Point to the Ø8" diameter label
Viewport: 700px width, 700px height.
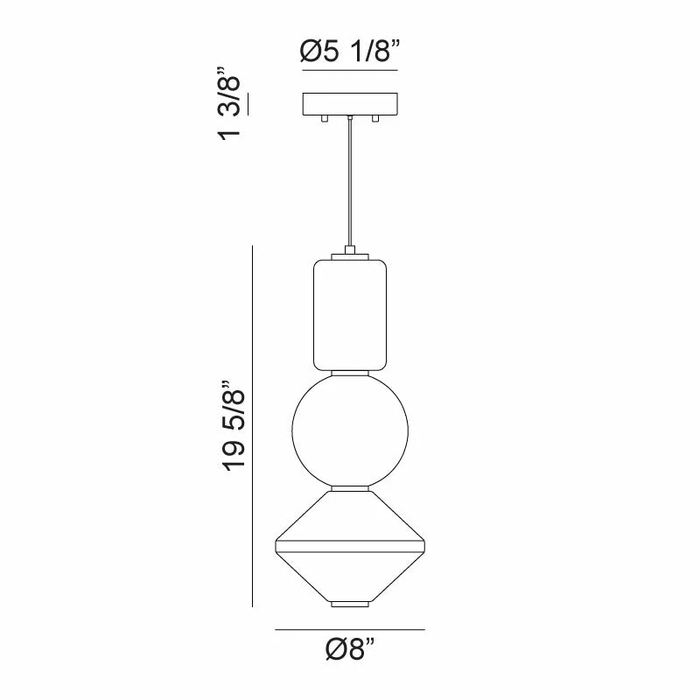coord(349,650)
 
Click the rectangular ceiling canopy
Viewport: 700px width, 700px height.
coord(349,103)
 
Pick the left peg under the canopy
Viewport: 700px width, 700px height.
coord(325,118)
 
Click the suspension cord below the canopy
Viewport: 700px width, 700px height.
coord(349,184)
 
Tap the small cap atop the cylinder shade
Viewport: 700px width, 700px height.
coord(349,252)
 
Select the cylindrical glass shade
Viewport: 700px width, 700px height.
coord(349,313)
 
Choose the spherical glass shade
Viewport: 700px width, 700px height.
coord(349,429)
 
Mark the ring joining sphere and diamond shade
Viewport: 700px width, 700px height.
coord(349,487)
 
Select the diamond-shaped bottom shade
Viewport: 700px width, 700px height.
coord(349,547)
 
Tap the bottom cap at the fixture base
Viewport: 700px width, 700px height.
coord(349,605)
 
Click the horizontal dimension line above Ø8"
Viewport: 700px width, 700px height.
coord(349,629)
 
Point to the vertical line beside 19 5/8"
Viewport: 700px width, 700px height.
coord(253,426)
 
